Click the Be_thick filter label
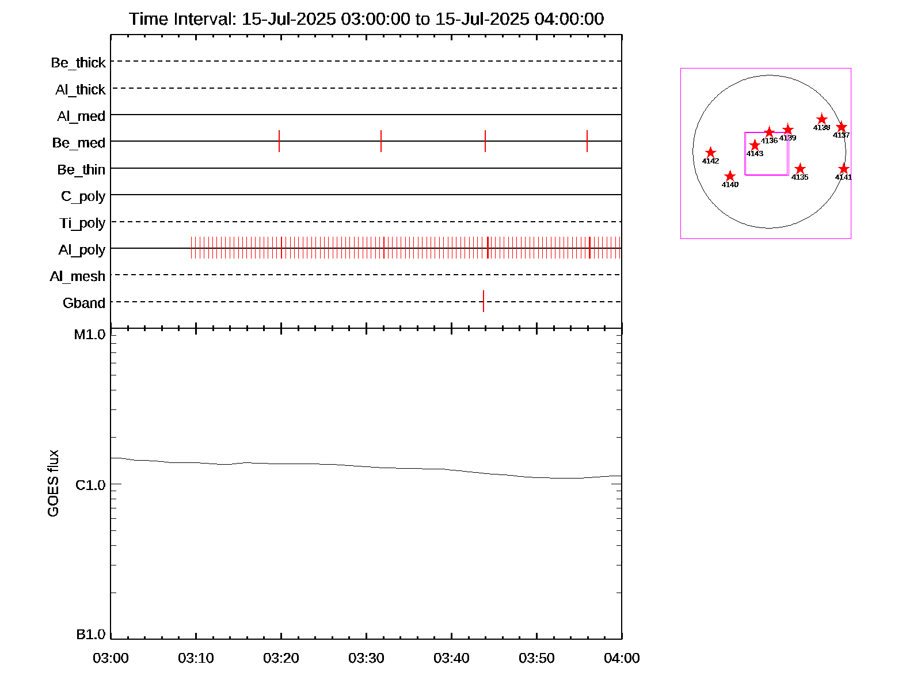(78, 62)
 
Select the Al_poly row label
(82, 249)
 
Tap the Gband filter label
(84, 303)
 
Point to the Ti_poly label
(82, 223)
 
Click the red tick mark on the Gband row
(484, 301)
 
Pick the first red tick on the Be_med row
(279, 141)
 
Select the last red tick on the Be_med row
(587, 141)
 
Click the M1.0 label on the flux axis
(90, 335)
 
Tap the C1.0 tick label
(90, 485)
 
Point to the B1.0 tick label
(91, 635)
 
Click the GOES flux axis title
(53, 483)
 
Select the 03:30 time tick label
(366, 658)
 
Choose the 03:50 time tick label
(536, 658)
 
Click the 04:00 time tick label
(622, 658)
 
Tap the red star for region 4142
(710, 153)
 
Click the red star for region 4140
(730, 176)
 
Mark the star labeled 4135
(800, 169)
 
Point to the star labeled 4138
(822, 119)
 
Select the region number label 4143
(755, 154)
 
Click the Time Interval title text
(366, 19)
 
